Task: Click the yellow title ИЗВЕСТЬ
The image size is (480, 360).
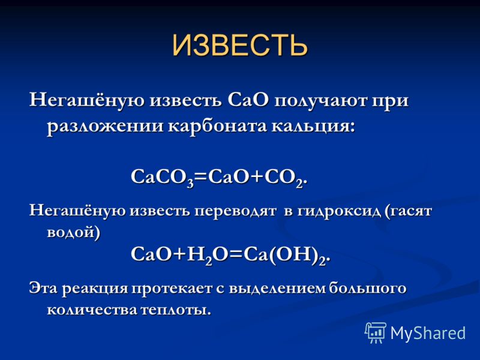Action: click(x=239, y=45)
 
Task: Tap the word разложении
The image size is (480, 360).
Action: click(x=105, y=127)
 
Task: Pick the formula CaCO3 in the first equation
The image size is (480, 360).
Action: click(x=162, y=177)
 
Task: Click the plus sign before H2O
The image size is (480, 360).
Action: click(x=179, y=254)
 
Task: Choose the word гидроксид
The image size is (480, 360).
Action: click(x=338, y=211)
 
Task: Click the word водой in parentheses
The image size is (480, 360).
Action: click(x=70, y=233)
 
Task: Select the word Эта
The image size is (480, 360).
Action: click(x=43, y=289)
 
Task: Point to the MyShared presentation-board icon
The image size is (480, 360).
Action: click(x=376, y=332)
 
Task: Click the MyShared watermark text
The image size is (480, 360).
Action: click(x=428, y=333)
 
